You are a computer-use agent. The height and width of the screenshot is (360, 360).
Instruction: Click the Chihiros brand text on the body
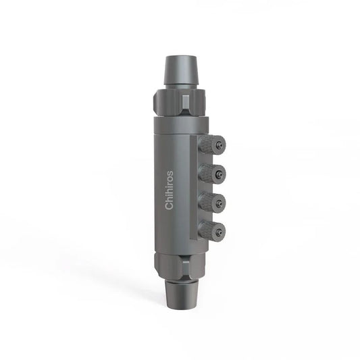(170, 189)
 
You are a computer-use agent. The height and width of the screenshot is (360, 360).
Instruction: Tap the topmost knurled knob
(215, 145)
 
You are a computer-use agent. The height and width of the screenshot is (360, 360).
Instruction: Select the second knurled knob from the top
(215, 174)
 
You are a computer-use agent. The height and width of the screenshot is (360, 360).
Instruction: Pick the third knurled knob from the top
(215, 203)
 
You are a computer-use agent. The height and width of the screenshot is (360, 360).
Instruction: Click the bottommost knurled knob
(215, 232)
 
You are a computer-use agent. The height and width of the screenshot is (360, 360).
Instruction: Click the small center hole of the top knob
(221, 145)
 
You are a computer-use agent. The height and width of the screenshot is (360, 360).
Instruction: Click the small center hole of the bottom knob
(221, 232)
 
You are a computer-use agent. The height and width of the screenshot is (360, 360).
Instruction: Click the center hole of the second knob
(221, 174)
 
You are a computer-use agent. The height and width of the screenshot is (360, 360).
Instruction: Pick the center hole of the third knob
(221, 203)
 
